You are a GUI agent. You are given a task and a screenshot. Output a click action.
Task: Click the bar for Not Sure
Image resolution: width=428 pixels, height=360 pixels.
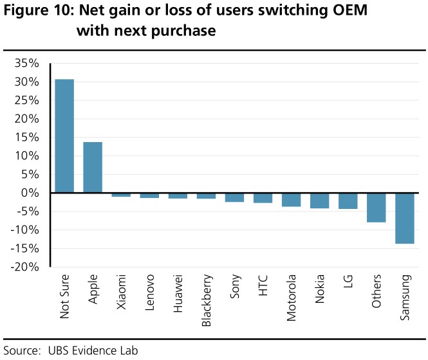click(64, 136)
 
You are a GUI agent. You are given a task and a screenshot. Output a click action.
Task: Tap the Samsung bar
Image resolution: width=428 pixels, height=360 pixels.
click(404, 219)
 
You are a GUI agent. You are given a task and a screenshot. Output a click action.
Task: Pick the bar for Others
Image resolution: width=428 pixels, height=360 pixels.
click(376, 208)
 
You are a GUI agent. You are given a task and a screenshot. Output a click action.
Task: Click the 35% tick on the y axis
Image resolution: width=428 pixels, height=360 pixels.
click(27, 64)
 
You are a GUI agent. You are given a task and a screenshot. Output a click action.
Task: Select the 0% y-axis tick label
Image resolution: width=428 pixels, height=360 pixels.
click(32, 193)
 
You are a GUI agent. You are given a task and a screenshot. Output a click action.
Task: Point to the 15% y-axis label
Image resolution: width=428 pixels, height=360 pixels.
click(27, 138)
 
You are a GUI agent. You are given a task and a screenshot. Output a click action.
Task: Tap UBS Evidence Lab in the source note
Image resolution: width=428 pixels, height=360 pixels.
click(93, 350)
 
